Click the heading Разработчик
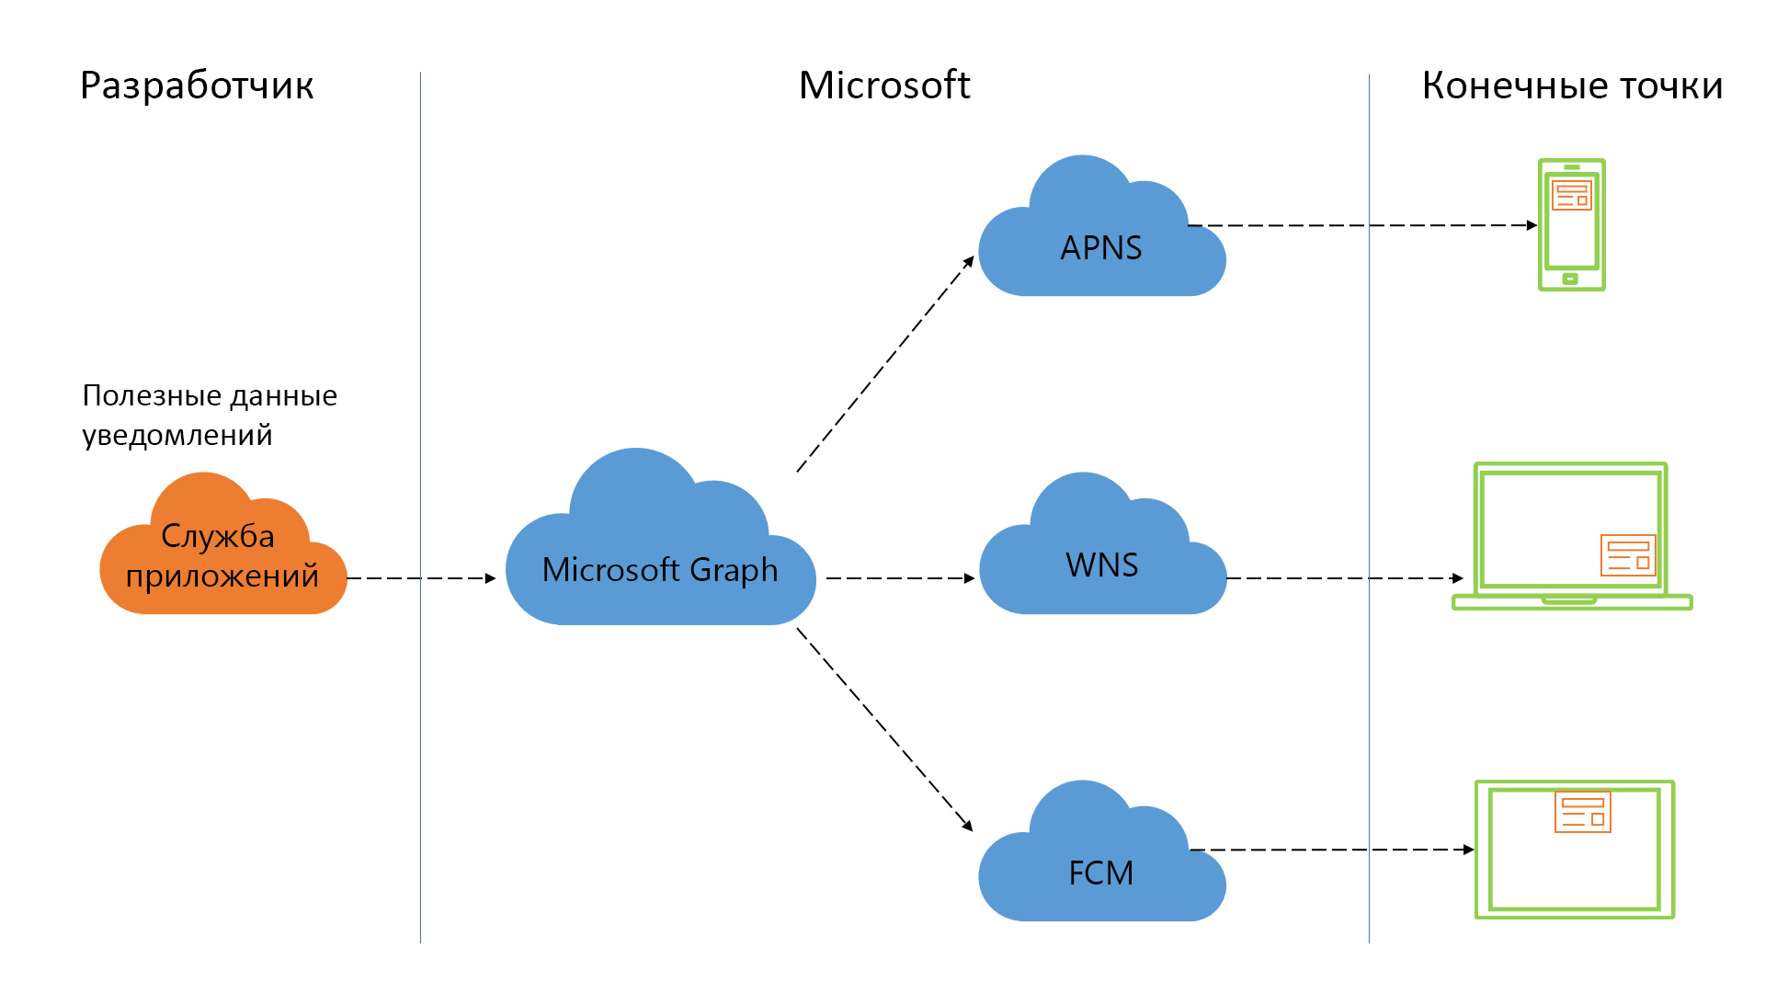(x=197, y=86)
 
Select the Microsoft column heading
(x=884, y=86)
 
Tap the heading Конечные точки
(x=1572, y=86)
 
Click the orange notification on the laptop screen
(x=1628, y=555)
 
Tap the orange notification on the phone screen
(x=1571, y=195)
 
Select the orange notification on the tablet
(x=1582, y=812)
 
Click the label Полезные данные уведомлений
(x=210, y=415)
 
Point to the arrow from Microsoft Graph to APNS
(x=884, y=365)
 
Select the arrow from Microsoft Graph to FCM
(x=884, y=729)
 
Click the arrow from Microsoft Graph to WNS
(x=899, y=578)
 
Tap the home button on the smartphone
(x=1571, y=279)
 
